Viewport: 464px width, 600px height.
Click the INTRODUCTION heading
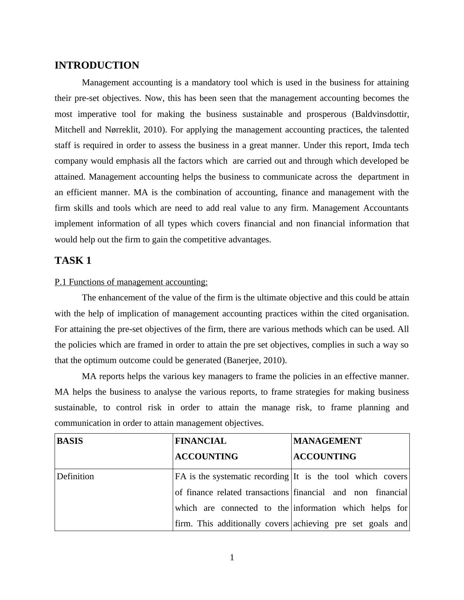click(x=97, y=65)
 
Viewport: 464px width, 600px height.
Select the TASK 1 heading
click(x=73, y=261)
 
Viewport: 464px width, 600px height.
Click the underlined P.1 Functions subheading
click(x=131, y=282)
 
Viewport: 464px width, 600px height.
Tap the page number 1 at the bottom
click(x=232, y=558)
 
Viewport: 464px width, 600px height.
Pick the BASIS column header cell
click(x=70, y=441)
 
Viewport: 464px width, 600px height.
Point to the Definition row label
click(x=75, y=476)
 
